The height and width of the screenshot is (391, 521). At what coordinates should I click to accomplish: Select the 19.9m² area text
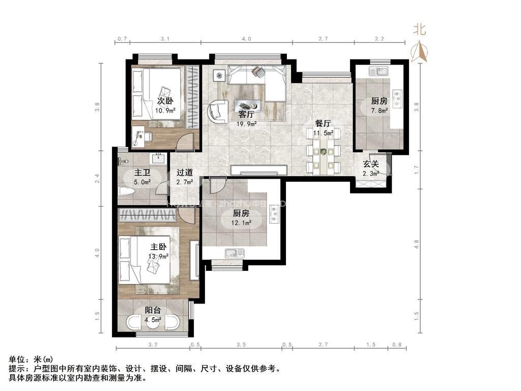[247, 123]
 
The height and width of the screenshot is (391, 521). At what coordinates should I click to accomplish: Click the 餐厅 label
[323, 123]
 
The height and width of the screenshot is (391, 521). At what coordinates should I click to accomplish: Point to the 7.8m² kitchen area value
[379, 110]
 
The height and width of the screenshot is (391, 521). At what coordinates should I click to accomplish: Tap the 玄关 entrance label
[370, 164]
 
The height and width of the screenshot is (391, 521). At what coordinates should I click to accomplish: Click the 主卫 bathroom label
[142, 173]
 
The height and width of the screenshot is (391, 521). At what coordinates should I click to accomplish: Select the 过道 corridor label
[185, 173]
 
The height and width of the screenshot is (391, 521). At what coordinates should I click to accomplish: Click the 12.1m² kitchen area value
[242, 222]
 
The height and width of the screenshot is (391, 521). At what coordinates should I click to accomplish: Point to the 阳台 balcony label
[153, 310]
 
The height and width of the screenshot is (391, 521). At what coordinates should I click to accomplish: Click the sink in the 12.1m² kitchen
[235, 252]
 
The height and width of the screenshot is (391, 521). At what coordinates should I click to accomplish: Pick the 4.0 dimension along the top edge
[246, 39]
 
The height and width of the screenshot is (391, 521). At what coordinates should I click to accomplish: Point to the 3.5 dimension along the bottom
[241, 345]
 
